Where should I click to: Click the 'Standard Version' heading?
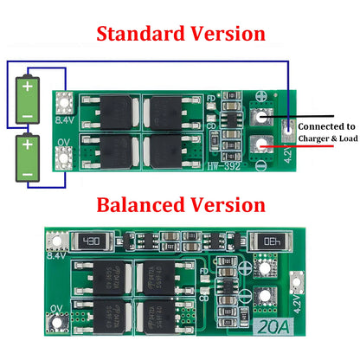click(x=180, y=34)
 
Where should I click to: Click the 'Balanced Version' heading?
click(x=180, y=205)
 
